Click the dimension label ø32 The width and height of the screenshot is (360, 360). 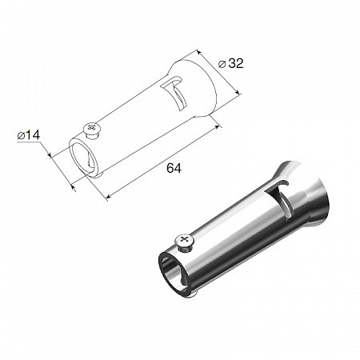[231, 64]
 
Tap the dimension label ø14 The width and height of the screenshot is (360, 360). [29, 135]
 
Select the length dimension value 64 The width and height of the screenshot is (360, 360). [174, 168]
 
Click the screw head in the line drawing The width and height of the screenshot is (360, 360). [92, 129]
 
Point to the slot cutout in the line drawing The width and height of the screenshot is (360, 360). [174, 94]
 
